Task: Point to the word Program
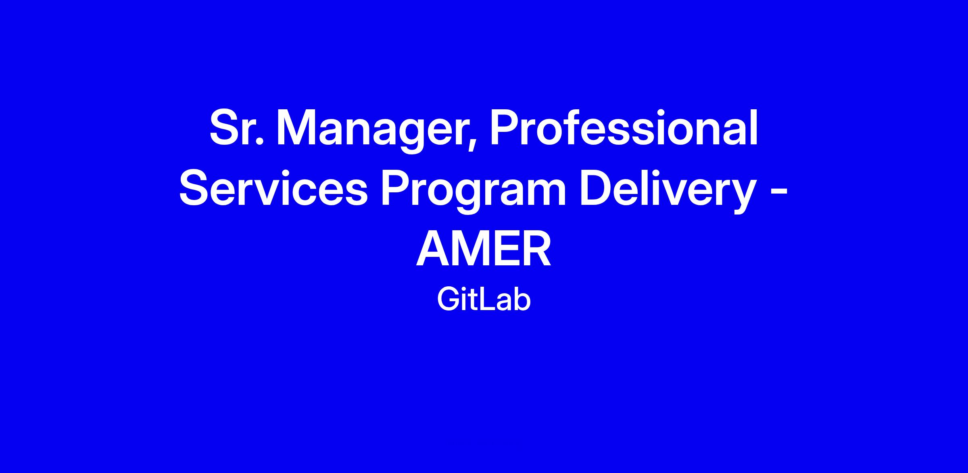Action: coord(474,191)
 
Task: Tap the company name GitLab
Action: coord(484,300)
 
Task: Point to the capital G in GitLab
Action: coord(448,300)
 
